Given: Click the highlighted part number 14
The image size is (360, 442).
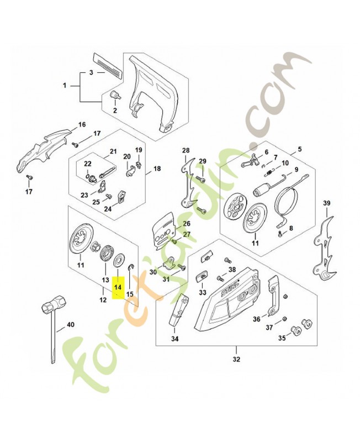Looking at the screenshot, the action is pos(118,287).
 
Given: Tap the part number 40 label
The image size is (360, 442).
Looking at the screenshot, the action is pos(70,325).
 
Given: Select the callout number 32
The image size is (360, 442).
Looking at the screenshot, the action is pos(236,359).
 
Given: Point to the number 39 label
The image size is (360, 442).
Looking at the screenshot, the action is pos(326,203).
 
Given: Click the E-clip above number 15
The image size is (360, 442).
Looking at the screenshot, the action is pos(130,267).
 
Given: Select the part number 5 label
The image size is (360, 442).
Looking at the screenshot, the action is pos(299,149).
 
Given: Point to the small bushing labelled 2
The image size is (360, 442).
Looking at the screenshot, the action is pos(115,94).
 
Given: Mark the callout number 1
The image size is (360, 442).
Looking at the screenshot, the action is pos(65,85).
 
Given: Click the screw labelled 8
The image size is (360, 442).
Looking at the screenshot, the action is pos(280,233).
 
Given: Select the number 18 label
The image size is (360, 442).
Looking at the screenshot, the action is pos(157,169).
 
